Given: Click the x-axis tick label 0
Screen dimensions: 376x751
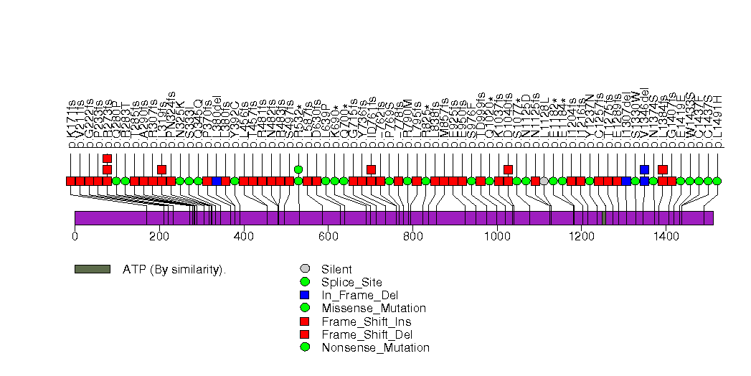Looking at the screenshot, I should click(75, 234).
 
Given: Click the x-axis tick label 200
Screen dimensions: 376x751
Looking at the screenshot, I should click(159, 234).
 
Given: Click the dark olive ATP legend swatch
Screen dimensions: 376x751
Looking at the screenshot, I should click(92, 269).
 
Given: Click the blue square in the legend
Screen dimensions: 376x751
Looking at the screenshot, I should click(305, 295).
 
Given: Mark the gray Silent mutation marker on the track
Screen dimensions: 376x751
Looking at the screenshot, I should click(544, 181).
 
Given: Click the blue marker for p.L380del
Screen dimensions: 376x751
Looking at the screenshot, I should click(217, 181).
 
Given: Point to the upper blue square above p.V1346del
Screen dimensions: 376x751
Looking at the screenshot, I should click(644, 169).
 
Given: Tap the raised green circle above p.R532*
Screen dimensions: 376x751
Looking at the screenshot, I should click(298, 169).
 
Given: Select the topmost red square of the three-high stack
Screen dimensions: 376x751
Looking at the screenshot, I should click(107, 159).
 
